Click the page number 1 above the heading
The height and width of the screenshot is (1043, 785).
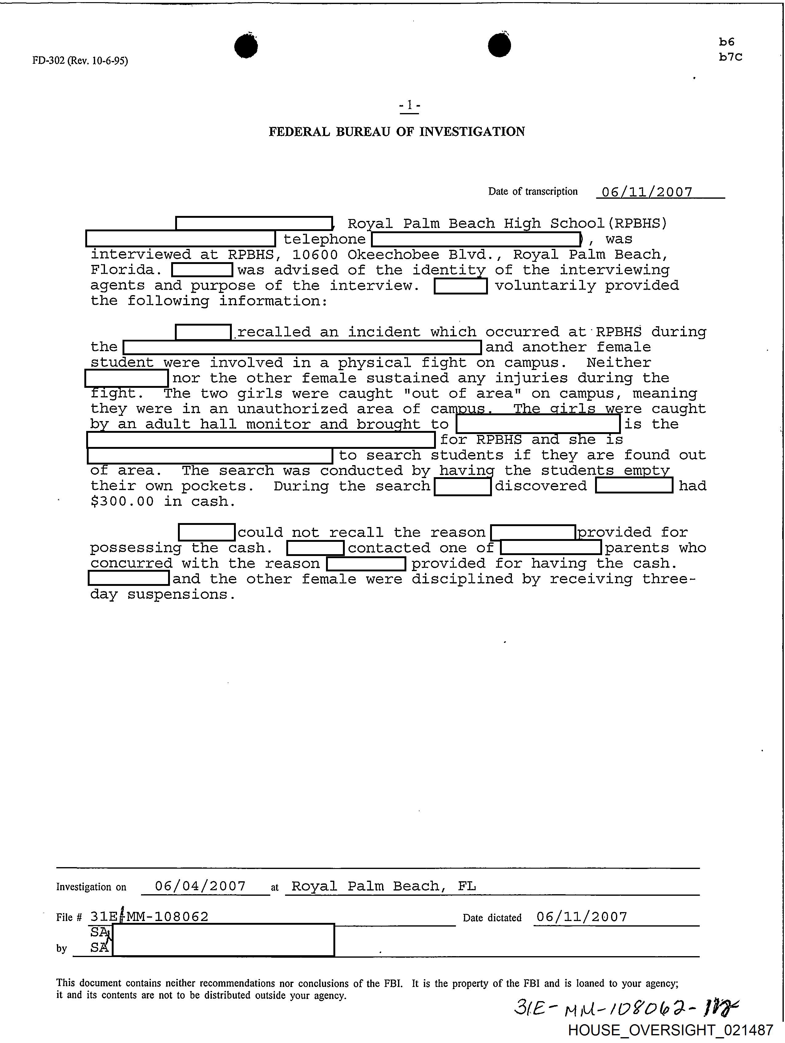click(x=409, y=105)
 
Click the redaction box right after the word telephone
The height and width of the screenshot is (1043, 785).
click(x=476, y=240)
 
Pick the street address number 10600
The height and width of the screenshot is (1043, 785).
click(x=315, y=255)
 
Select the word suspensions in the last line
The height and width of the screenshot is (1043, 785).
click(x=181, y=594)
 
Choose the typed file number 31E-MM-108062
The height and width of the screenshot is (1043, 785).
click(x=149, y=917)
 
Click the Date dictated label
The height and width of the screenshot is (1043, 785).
click(x=492, y=918)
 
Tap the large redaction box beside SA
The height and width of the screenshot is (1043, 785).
click(x=223, y=940)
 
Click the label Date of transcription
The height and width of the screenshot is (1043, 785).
click(x=533, y=191)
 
